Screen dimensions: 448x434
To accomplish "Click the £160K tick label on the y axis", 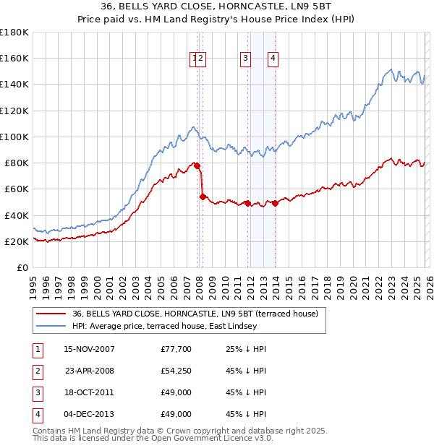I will (x=14, y=58).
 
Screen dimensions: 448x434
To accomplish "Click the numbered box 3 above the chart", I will (x=246, y=59).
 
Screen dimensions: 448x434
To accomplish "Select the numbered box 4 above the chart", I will (x=273, y=59).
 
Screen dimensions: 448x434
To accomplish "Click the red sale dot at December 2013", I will (x=275, y=204).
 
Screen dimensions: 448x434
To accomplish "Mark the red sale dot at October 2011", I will (x=247, y=204).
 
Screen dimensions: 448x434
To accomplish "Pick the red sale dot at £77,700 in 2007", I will (x=197, y=165).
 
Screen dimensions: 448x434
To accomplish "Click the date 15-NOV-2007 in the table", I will (x=89, y=349).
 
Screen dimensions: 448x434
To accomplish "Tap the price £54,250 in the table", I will (x=176, y=371).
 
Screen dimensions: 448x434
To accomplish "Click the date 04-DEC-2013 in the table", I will (x=89, y=415).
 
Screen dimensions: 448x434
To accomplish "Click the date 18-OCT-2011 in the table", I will (x=89, y=393).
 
